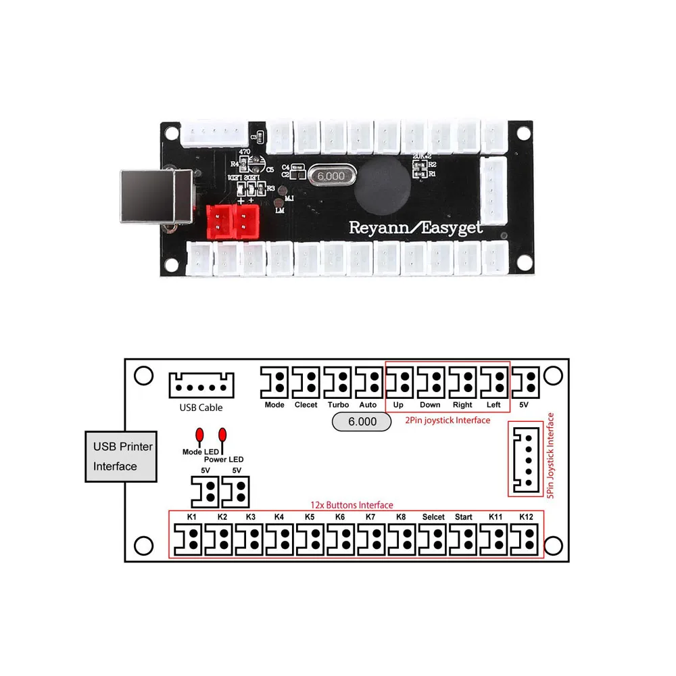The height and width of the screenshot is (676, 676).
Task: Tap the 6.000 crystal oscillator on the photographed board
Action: coord(331,176)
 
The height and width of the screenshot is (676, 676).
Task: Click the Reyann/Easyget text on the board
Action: coord(416,227)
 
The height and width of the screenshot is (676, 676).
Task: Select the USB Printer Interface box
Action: coord(122,456)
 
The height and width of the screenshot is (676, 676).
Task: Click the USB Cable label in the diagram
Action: coord(201,408)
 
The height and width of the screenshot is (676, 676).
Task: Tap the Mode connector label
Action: coord(274,405)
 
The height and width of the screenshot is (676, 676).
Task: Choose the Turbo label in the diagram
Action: coord(338,405)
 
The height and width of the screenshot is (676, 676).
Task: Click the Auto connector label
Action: coord(368,405)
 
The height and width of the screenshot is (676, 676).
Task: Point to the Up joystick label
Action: coord(399,405)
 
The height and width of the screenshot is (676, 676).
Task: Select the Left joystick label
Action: coord(493,405)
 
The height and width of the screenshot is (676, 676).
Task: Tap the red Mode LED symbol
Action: coord(199,435)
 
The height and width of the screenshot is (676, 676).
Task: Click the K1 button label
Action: coord(192,517)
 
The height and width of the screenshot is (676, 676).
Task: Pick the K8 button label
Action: coord(401,517)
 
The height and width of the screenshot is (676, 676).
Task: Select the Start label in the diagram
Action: coord(464,517)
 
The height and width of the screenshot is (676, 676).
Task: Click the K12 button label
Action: coord(527,517)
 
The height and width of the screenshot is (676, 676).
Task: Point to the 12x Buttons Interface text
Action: coord(352,505)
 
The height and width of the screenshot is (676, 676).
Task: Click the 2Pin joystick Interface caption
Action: coord(448,420)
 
